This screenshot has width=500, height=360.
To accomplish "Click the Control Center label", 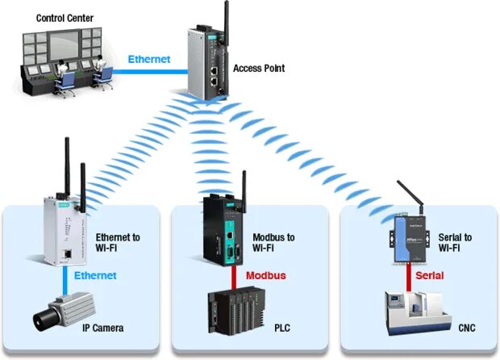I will click(64, 18).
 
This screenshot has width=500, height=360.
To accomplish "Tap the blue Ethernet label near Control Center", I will click(150, 59).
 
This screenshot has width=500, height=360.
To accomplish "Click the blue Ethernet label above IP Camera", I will click(95, 276).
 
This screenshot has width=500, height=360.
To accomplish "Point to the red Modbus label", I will click(266, 276).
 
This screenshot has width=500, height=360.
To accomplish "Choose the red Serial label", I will click(430, 276).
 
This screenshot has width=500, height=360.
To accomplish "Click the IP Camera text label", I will click(107, 329).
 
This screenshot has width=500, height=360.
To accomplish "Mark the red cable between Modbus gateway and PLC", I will click(234, 274).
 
